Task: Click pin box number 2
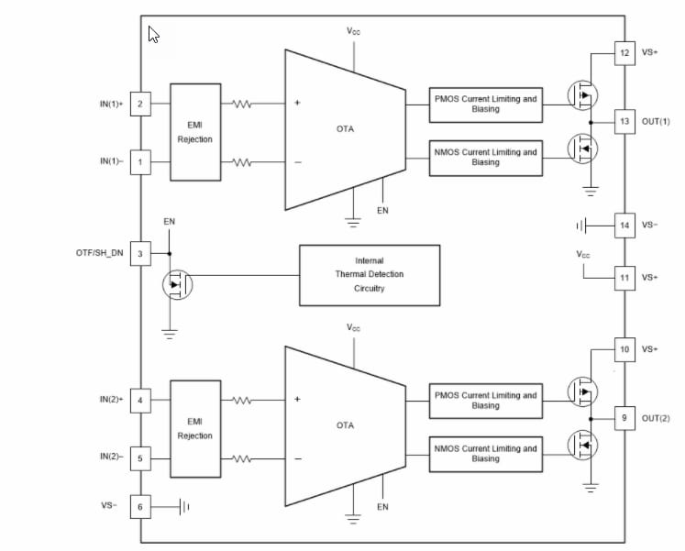coord(140,104)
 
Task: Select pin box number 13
coord(624,121)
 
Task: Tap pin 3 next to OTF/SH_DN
coord(140,254)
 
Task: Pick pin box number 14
coord(624,225)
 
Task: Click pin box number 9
coord(624,418)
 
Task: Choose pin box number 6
coord(140,506)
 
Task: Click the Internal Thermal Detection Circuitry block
coord(370,275)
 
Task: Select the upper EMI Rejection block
coord(195,132)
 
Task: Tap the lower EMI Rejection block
coord(195,428)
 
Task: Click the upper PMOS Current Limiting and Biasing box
coord(485,104)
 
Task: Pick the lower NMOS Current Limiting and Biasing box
coord(485,454)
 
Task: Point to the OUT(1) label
coord(657,122)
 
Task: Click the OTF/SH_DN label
coord(99,254)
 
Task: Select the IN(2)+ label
coord(111,400)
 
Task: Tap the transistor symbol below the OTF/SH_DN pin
coord(177,284)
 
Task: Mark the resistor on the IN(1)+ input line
coord(242,104)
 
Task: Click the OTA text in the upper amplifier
coord(345,129)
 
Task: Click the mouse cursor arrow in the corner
coord(153,35)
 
